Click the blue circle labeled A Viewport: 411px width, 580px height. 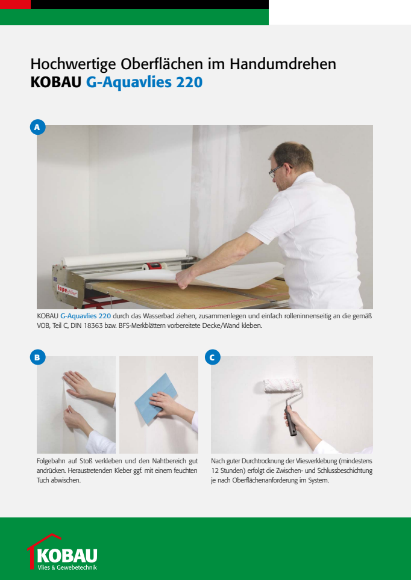point(37,127)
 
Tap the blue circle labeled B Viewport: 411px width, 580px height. point(37,357)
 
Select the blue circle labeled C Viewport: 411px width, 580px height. point(212,357)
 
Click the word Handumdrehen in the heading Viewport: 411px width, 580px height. point(283,64)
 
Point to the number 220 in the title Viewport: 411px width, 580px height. point(189,82)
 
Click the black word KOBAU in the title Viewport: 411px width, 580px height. point(55,82)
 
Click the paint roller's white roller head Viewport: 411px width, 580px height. point(282,385)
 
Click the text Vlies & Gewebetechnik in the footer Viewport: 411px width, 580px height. point(67,567)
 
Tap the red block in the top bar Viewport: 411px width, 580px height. point(15,4)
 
